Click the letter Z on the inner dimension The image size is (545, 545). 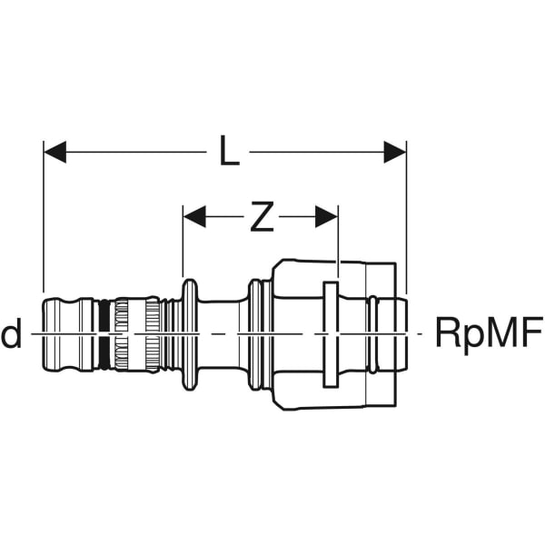(x=261, y=216)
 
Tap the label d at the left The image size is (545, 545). (x=12, y=334)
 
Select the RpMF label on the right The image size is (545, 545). (x=488, y=333)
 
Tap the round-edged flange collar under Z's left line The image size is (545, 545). (x=189, y=334)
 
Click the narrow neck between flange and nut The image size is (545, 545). (x=218, y=334)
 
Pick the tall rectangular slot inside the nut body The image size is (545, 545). (x=330, y=334)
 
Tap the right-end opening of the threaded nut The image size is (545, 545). (x=400, y=334)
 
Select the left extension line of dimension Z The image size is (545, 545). (x=183, y=250)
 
